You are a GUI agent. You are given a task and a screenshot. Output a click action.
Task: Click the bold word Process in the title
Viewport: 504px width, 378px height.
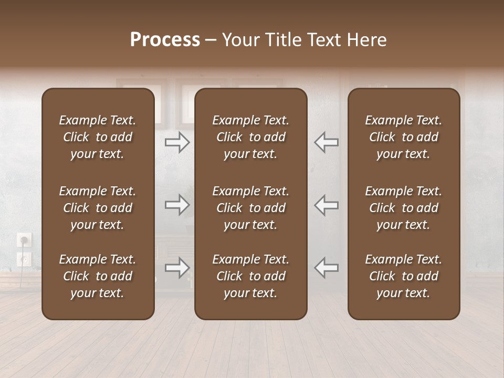click(165, 40)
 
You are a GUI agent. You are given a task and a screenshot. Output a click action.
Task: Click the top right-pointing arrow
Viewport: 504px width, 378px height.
click(177, 142)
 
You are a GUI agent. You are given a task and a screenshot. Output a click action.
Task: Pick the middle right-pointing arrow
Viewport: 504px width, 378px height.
click(177, 205)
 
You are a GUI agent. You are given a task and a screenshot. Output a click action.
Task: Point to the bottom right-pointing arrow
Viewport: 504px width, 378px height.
click(177, 268)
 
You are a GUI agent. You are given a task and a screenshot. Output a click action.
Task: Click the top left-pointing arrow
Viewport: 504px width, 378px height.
click(326, 142)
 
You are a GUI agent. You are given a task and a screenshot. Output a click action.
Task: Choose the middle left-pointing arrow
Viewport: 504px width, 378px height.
click(326, 205)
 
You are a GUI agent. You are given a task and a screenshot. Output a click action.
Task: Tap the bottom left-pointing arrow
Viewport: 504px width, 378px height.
click(326, 268)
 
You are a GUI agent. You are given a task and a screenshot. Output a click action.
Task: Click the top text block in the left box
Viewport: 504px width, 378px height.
click(98, 137)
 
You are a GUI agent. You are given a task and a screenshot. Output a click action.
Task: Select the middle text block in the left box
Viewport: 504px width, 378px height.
click(98, 208)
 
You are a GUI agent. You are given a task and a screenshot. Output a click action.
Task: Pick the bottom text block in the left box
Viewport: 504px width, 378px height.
click(98, 276)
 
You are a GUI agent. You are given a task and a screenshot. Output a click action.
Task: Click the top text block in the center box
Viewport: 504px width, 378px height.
click(250, 137)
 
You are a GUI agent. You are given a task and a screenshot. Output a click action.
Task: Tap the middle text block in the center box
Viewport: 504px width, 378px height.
click(250, 208)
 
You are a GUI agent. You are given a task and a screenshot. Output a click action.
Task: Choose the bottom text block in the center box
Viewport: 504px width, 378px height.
click(250, 276)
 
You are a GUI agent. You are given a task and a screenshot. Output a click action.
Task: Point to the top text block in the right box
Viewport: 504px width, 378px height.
click(403, 137)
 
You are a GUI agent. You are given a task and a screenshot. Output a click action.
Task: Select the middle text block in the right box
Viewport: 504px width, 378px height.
click(403, 208)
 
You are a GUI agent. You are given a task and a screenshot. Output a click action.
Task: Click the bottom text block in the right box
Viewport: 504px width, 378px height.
click(403, 276)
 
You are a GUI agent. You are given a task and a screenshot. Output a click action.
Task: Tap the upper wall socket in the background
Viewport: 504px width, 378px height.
click(24, 240)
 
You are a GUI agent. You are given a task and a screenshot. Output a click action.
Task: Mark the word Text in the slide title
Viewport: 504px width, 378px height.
click(325, 40)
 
